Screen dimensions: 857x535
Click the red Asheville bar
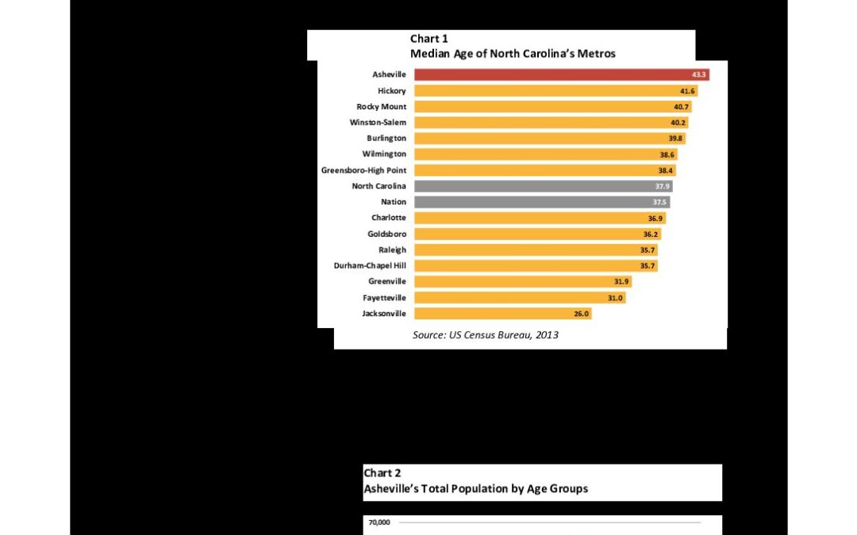(x=562, y=75)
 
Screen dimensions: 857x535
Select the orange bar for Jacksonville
(x=503, y=313)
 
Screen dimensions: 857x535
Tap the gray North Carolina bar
(x=544, y=186)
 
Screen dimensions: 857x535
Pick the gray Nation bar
(x=542, y=202)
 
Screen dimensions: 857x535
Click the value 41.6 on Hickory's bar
(x=687, y=91)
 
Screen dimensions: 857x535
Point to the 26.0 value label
(x=582, y=314)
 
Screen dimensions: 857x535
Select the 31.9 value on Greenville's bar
(x=621, y=281)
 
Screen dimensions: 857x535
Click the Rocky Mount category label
(x=382, y=106)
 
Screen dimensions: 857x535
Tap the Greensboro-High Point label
(x=364, y=170)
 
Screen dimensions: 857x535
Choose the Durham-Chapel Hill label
(x=370, y=266)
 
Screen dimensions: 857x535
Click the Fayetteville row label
(x=385, y=297)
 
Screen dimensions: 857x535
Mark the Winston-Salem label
(x=379, y=122)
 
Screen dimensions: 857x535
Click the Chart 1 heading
(x=429, y=39)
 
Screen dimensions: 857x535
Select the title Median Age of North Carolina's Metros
(x=513, y=54)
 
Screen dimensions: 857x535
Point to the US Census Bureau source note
(x=486, y=334)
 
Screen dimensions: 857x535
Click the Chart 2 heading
(x=382, y=473)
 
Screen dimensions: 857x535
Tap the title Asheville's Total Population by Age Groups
(x=476, y=488)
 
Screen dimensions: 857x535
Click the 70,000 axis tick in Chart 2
(x=379, y=522)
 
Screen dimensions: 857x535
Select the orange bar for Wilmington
(x=545, y=155)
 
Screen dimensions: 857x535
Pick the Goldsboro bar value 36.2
(x=651, y=234)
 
